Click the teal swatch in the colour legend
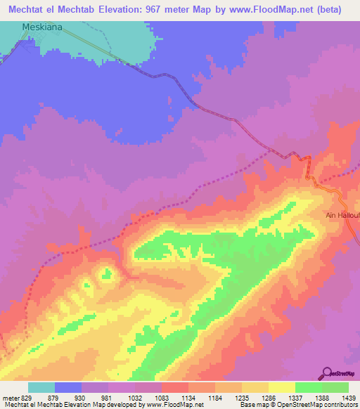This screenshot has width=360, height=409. pyautogui.click(x=41, y=387)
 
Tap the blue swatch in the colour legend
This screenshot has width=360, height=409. pyautogui.click(x=68, y=387)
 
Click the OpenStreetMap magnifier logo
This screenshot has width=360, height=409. pyautogui.click(x=327, y=373)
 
